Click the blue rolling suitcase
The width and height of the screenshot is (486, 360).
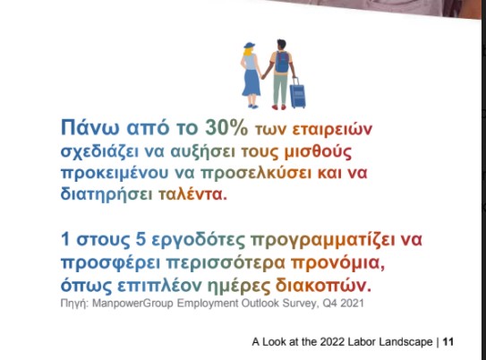297,93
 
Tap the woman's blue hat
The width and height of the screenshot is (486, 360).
249,46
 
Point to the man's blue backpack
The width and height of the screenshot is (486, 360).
282,62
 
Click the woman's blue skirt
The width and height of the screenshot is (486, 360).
252,82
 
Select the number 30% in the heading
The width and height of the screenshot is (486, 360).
226,127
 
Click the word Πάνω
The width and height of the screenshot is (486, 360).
90,127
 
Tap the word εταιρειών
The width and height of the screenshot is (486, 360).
332,129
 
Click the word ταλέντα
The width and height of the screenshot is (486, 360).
192,194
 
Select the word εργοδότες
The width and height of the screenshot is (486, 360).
199,240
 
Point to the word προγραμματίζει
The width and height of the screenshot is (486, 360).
322,240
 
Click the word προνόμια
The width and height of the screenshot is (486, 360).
337,263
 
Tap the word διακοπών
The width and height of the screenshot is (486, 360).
323,286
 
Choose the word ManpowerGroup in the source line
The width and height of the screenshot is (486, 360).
132,304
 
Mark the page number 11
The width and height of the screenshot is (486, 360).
448,342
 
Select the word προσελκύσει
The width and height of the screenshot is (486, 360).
256,173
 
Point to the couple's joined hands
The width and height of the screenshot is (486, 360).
264,76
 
